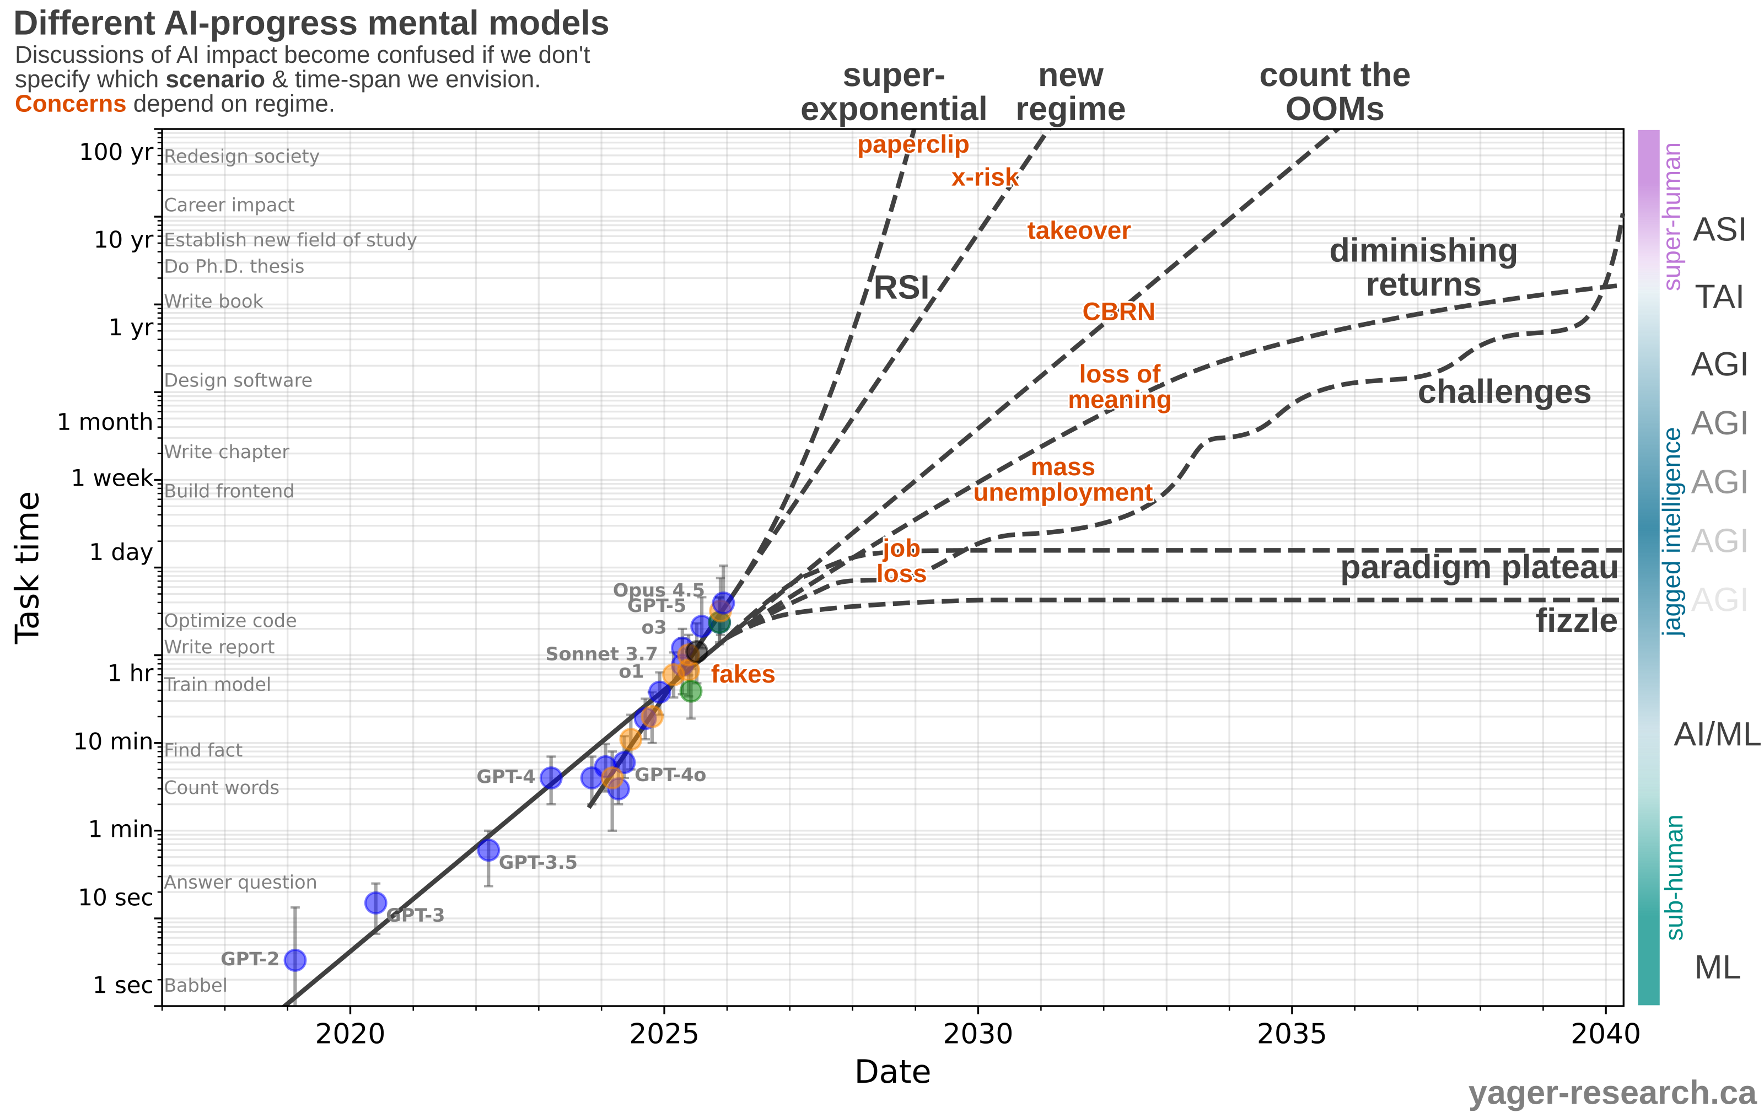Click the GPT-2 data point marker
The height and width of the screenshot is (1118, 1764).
294,960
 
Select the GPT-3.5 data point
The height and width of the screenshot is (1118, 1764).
488,850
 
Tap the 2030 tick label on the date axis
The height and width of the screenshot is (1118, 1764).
977,1034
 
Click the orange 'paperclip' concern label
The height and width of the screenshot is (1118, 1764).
913,144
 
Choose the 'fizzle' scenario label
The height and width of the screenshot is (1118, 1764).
1577,621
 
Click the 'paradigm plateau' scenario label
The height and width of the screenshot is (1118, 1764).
1479,568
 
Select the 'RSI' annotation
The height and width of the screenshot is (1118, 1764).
901,288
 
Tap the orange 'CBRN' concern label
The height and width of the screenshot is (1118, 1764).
1118,312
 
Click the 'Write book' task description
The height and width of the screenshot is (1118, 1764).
213,301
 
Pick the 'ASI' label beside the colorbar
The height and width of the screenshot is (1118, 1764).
1719,230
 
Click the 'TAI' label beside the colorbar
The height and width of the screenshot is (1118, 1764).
1719,298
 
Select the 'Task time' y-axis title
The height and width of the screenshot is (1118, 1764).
28,568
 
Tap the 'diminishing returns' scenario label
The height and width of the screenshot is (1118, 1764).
1423,267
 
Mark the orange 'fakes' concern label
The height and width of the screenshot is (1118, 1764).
743,674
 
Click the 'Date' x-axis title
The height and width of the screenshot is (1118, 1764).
892,1072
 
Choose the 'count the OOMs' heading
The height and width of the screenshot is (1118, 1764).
1334,92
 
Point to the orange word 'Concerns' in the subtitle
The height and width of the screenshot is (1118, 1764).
71,104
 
